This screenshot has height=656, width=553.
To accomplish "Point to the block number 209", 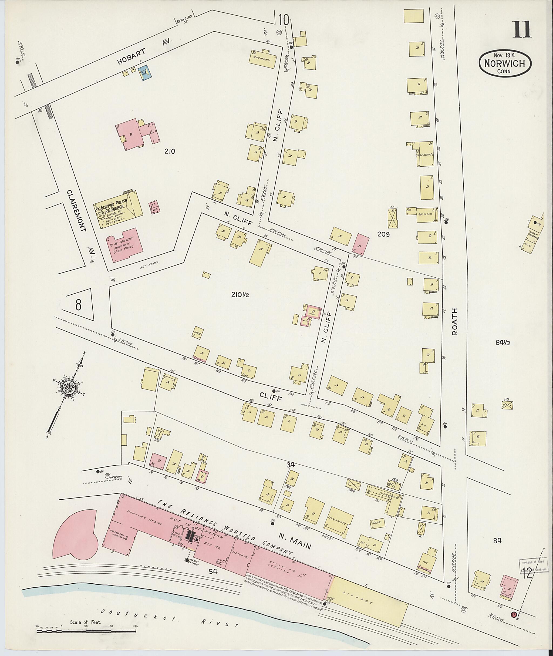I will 383,234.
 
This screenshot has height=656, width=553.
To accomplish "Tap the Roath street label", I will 455,321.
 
